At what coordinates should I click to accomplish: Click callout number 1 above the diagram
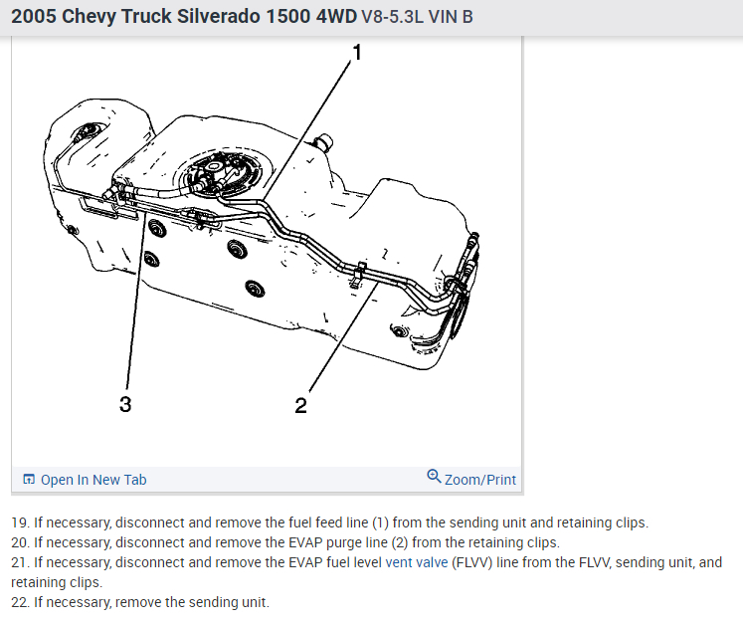(356, 52)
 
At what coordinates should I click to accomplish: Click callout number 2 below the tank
(300, 405)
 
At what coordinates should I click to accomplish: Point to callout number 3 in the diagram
(125, 404)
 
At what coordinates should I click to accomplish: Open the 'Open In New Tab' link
(93, 480)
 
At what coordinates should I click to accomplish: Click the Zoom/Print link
(480, 480)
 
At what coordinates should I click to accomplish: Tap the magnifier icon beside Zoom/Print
(434, 477)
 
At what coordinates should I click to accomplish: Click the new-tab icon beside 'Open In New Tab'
(29, 480)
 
